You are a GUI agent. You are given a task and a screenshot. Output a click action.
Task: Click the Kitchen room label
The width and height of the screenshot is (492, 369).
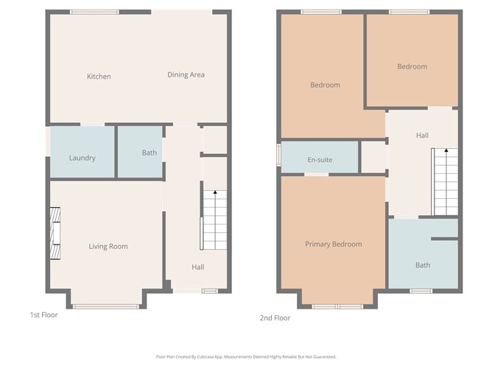pyautogui.click(x=99, y=77)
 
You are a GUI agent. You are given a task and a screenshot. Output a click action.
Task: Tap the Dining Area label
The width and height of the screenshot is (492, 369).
pyautogui.click(x=186, y=74)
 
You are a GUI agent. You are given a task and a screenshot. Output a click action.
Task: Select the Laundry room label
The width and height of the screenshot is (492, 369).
pyautogui.click(x=82, y=158)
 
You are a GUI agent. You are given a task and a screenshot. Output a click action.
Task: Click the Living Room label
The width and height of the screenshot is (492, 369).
pyautogui.click(x=108, y=247)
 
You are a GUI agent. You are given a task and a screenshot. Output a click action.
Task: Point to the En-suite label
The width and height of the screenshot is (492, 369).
pyautogui.click(x=319, y=160)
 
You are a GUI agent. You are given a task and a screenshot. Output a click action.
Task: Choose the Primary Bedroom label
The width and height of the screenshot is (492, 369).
pyautogui.click(x=333, y=245)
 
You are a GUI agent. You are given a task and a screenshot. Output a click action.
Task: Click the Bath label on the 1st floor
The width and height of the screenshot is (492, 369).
pyautogui.click(x=150, y=153)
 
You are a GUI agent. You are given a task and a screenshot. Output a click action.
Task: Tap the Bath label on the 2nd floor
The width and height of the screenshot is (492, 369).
pyautogui.click(x=422, y=265)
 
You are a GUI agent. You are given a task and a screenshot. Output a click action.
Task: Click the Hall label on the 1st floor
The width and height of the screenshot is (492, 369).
pyautogui.click(x=198, y=267)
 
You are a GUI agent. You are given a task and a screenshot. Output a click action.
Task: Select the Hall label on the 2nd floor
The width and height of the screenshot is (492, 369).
pyautogui.click(x=422, y=136)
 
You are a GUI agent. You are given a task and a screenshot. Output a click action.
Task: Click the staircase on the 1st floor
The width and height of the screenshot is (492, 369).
pyautogui.click(x=214, y=219)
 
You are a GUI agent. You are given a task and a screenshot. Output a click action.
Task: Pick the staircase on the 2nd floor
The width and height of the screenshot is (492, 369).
pyautogui.click(x=445, y=181)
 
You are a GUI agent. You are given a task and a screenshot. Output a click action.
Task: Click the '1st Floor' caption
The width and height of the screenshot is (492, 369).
pyautogui.click(x=43, y=315)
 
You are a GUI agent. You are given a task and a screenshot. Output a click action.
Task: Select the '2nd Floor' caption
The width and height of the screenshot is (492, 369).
pyautogui.click(x=275, y=318)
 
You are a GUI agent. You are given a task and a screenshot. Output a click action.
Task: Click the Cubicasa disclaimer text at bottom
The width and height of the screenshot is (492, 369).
pyautogui.click(x=246, y=356)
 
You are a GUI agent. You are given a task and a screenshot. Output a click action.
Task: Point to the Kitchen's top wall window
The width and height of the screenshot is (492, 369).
pyautogui.click(x=94, y=12)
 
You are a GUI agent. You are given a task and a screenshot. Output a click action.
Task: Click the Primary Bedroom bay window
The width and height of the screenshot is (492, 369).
pyautogui.click(x=337, y=306)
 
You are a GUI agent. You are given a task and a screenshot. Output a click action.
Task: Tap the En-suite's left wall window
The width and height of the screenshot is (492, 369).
pyautogui.click(x=278, y=155)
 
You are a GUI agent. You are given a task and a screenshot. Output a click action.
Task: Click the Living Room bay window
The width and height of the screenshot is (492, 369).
pyautogui.click(x=106, y=306)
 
